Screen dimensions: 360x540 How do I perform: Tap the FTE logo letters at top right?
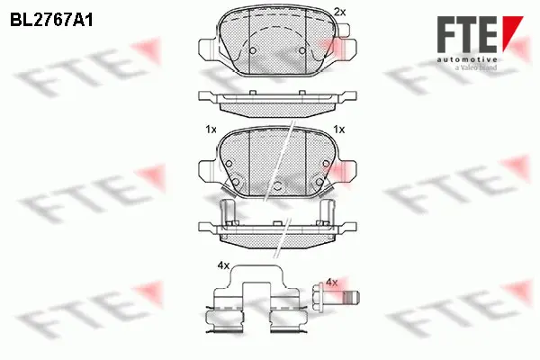pyautogui.click(x=466, y=34)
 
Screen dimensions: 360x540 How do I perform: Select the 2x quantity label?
pyautogui.click(x=339, y=11)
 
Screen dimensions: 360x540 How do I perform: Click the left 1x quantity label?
pyautogui.click(x=211, y=130)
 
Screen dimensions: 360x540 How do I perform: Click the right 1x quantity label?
pyautogui.click(x=339, y=130)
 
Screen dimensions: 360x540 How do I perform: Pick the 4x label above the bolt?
pyautogui.click(x=331, y=283)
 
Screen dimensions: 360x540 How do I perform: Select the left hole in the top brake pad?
pyautogui.click(x=254, y=49)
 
